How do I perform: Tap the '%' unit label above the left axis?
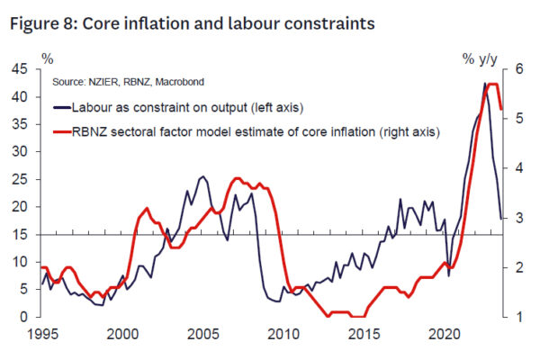pos(47,58)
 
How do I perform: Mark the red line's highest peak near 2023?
pos(492,84)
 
